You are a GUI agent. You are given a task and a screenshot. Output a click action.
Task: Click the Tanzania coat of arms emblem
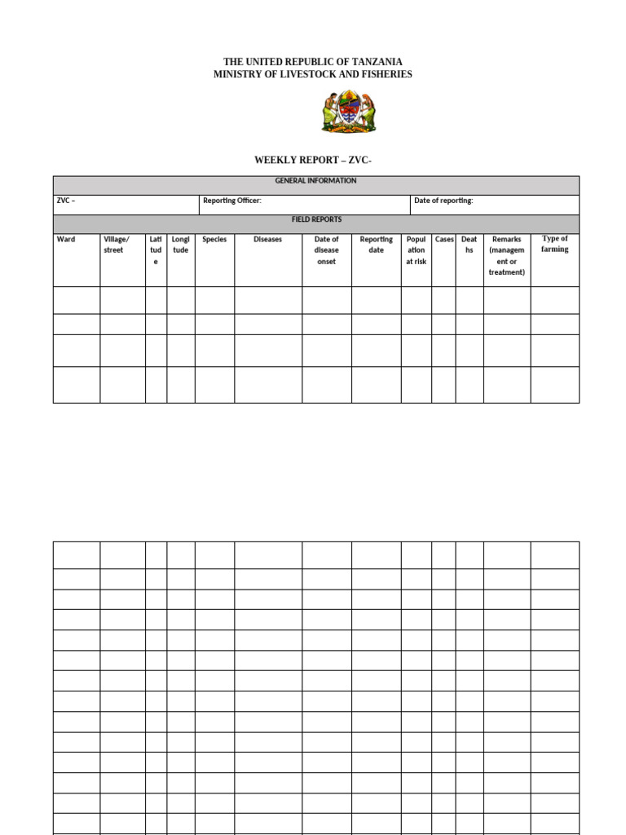tap(348, 113)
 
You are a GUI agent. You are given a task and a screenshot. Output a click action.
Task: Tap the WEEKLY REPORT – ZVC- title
tap(313, 160)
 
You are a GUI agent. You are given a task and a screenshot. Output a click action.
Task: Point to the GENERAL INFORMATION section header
tap(315, 181)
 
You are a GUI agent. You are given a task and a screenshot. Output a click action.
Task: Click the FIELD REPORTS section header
tap(316, 219)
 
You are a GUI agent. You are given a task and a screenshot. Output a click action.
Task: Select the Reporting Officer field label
tap(232, 201)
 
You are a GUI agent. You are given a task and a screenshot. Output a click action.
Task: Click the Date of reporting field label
tap(443, 201)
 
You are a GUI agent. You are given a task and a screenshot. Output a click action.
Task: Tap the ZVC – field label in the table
tap(66, 201)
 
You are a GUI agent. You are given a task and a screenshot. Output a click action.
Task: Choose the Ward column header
tap(66, 240)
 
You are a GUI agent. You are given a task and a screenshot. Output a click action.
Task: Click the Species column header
tap(214, 240)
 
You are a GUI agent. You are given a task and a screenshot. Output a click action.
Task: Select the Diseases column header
tap(267, 240)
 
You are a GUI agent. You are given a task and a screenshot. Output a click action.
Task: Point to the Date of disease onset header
tap(326, 250)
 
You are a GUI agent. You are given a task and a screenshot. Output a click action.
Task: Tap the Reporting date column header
tap(376, 245)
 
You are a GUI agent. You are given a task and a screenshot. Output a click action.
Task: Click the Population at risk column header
tap(416, 250)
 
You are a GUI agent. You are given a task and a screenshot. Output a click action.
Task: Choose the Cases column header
tap(444, 240)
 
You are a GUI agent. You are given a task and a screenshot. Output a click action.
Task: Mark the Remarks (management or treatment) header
tap(506, 256)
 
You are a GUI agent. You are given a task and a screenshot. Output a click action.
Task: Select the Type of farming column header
tap(555, 244)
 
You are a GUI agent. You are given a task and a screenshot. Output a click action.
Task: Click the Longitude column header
tap(181, 245)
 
